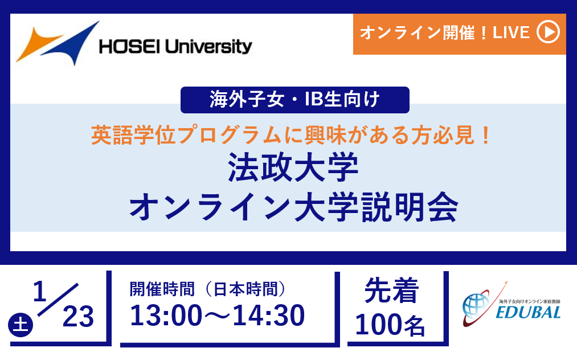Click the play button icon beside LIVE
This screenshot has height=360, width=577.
(548, 32)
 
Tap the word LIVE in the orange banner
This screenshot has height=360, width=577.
(511, 32)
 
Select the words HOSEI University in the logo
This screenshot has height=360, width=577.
(175, 46)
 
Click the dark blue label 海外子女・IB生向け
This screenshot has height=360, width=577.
(294, 100)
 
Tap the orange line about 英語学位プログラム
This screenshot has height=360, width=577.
(290, 135)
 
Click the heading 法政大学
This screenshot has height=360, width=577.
(293, 167)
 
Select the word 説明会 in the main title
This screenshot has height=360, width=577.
(410, 207)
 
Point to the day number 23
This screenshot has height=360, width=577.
(78, 317)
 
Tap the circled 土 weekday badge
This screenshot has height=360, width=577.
(21, 325)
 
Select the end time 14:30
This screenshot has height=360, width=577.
(269, 316)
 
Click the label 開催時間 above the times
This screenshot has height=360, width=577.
(162, 289)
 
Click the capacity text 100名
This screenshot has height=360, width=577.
(390, 325)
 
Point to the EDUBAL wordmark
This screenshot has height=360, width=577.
(528, 313)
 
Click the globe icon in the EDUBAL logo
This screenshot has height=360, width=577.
(476, 305)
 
